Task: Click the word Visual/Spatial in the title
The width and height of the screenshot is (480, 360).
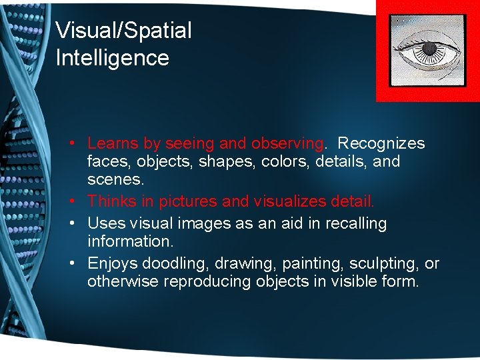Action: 123,31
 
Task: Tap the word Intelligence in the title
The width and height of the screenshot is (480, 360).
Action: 112,58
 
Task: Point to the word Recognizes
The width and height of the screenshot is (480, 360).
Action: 381,143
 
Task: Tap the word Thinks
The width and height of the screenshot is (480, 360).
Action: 111,201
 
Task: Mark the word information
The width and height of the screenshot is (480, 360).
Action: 130,241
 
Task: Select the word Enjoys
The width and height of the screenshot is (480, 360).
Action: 111,263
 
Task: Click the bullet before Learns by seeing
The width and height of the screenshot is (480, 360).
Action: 78,143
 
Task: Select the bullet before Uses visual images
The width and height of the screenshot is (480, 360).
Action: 78,223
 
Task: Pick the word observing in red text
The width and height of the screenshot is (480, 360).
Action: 287,143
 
